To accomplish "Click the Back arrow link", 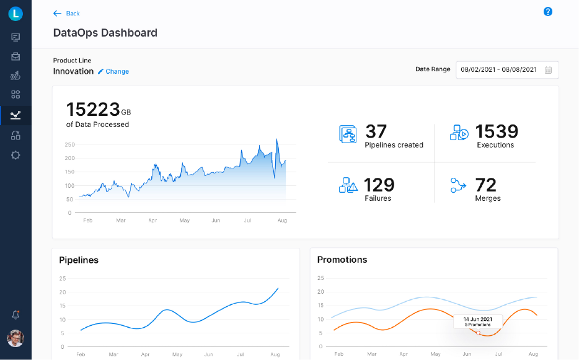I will (66, 14).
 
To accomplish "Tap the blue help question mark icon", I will (548, 12).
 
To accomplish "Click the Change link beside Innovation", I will (113, 71).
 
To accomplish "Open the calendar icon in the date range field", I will (549, 70).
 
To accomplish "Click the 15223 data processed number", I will (93, 110).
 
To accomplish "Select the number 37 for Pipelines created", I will (376, 131).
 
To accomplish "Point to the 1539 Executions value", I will (497, 131).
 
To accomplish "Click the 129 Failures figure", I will (379, 185).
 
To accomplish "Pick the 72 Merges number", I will (486, 185).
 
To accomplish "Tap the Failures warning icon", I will (348, 185).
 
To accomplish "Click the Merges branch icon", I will (459, 185).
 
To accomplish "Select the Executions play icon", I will (459, 133).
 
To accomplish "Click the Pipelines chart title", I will (79, 260).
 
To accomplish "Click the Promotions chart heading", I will (342, 260).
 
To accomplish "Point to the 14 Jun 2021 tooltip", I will (477, 321).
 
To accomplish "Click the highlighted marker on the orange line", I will (478, 333).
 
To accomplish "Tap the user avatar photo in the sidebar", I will (15, 338).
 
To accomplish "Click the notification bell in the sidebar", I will (15, 315).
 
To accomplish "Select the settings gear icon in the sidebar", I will (15, 156).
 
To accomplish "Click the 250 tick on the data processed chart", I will (69, 145).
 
